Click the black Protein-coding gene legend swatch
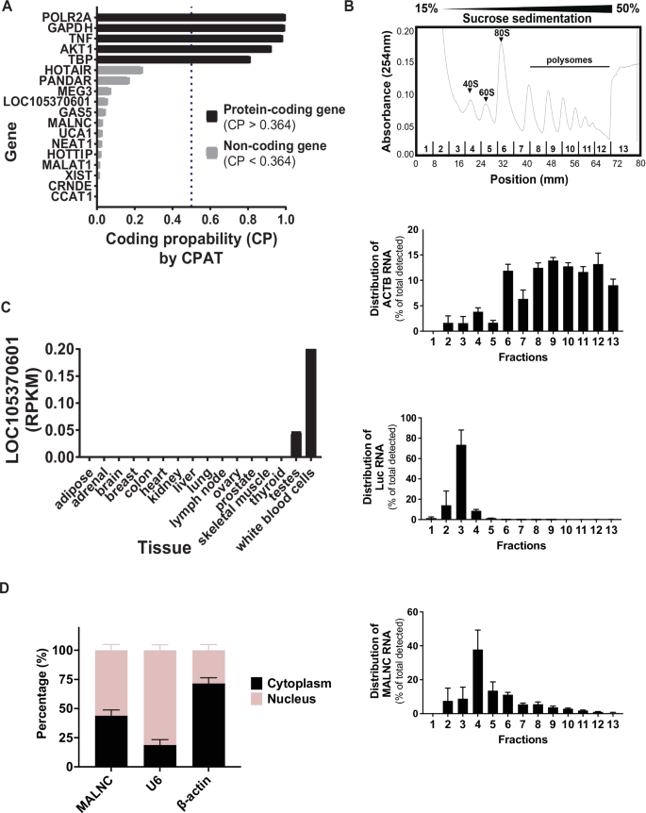point(211,116)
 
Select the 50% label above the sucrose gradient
point(626,8)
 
